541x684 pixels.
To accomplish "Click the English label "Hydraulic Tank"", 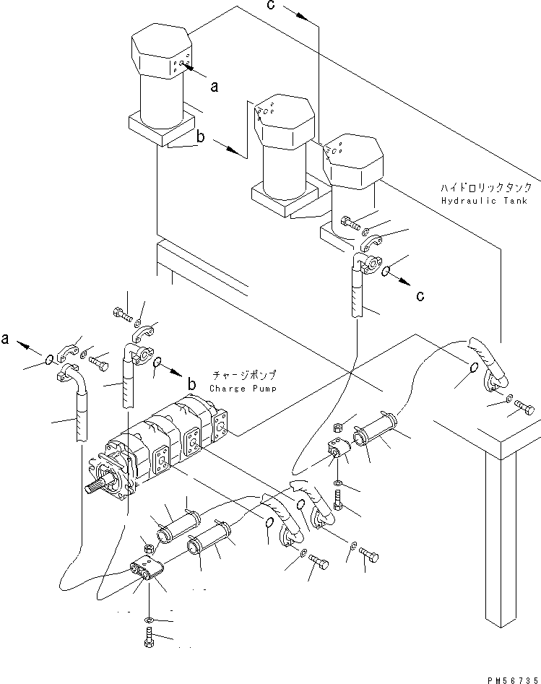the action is [x=484, y=201].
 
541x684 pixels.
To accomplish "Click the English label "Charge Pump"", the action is [x=243, y=389].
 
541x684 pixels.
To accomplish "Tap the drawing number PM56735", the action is [x=513, y=680].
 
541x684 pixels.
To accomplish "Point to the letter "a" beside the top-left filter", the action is [x=214, y=87].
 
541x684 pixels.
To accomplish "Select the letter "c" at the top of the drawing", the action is [x=271, y=5].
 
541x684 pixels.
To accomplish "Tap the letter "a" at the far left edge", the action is [x=5, y=339].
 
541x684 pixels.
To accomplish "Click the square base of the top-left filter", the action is [x=162, y=129].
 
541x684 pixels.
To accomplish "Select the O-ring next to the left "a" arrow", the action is [x=50, y=360].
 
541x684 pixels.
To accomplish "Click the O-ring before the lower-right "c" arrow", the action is [x=386, y=272].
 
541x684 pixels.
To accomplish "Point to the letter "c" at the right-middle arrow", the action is [x=420, y=295].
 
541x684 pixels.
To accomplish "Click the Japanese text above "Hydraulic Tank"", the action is [x=486, y=188].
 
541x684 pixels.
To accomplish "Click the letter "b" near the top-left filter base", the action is [x=200, y=137].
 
